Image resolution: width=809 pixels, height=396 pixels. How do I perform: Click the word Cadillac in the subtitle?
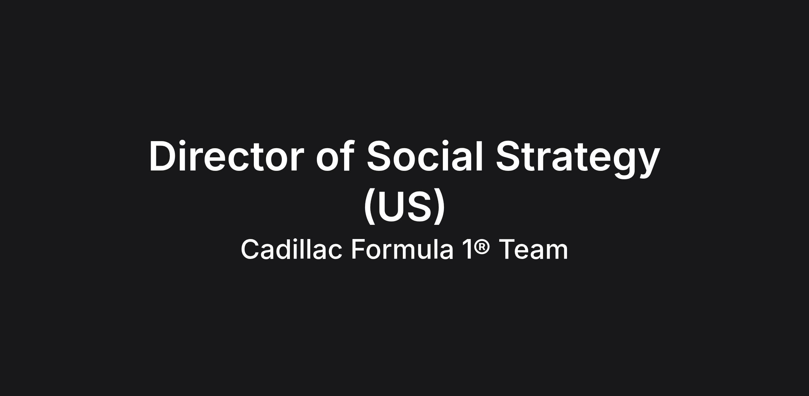pos(291,249)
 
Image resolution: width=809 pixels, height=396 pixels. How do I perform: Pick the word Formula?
pos(402,249)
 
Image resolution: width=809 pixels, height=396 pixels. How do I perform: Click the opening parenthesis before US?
pos(370,206)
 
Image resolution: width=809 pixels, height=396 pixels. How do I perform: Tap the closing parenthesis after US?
pos(439,206)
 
